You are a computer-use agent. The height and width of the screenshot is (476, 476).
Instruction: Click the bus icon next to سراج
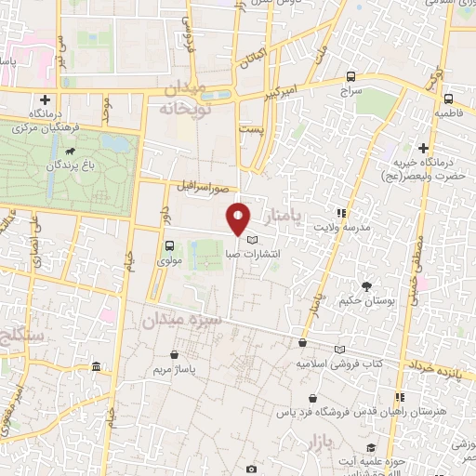[x=350, y=77]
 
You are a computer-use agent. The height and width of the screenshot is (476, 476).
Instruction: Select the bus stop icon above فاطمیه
[x=448, y=99]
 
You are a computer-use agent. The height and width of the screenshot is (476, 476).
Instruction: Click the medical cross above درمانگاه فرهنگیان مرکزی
[x=45, y=99]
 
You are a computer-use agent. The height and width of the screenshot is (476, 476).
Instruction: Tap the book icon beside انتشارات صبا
[x=254, y=240]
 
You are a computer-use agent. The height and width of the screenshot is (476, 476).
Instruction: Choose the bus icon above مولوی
[x=169, y=246]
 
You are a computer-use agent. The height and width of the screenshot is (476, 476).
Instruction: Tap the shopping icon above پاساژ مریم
[x=175, y=354]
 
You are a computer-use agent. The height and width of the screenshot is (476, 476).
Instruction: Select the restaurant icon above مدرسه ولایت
[x=342, y=212]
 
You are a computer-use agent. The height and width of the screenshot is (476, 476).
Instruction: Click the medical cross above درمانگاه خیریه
[x=423, y=147]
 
